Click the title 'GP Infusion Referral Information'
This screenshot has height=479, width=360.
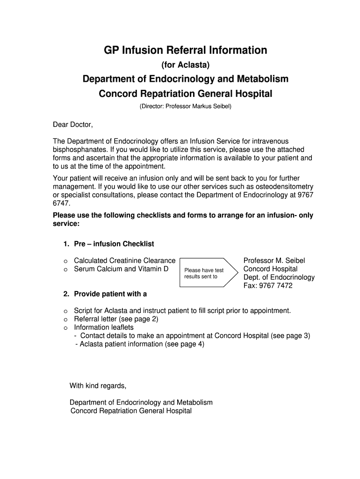pos(185,50)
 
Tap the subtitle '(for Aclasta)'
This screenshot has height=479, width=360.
pos(185,65)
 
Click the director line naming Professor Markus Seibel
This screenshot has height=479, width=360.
pos(185,107)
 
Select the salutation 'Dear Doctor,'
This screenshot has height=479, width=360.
pos(73,124)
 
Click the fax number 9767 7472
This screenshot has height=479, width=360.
pos(268,285)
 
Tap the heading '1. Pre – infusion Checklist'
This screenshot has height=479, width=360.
pos(108,244)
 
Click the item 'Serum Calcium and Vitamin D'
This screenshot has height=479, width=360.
pos(121,269)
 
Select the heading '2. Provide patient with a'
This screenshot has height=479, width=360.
pos(105,294)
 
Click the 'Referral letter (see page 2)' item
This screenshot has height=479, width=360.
pos(116,319)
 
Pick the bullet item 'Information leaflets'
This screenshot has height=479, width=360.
pos(104,327)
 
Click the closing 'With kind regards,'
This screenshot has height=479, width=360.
pos(98,386)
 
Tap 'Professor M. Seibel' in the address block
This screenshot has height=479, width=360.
pos(274,261)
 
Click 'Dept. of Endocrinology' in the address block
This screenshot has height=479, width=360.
pos(279,277)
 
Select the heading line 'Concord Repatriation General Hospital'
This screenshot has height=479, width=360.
pos(185,94)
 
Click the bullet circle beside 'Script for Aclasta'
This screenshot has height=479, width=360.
pos(66,311)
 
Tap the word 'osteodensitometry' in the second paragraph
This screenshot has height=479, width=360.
pos(284,187)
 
